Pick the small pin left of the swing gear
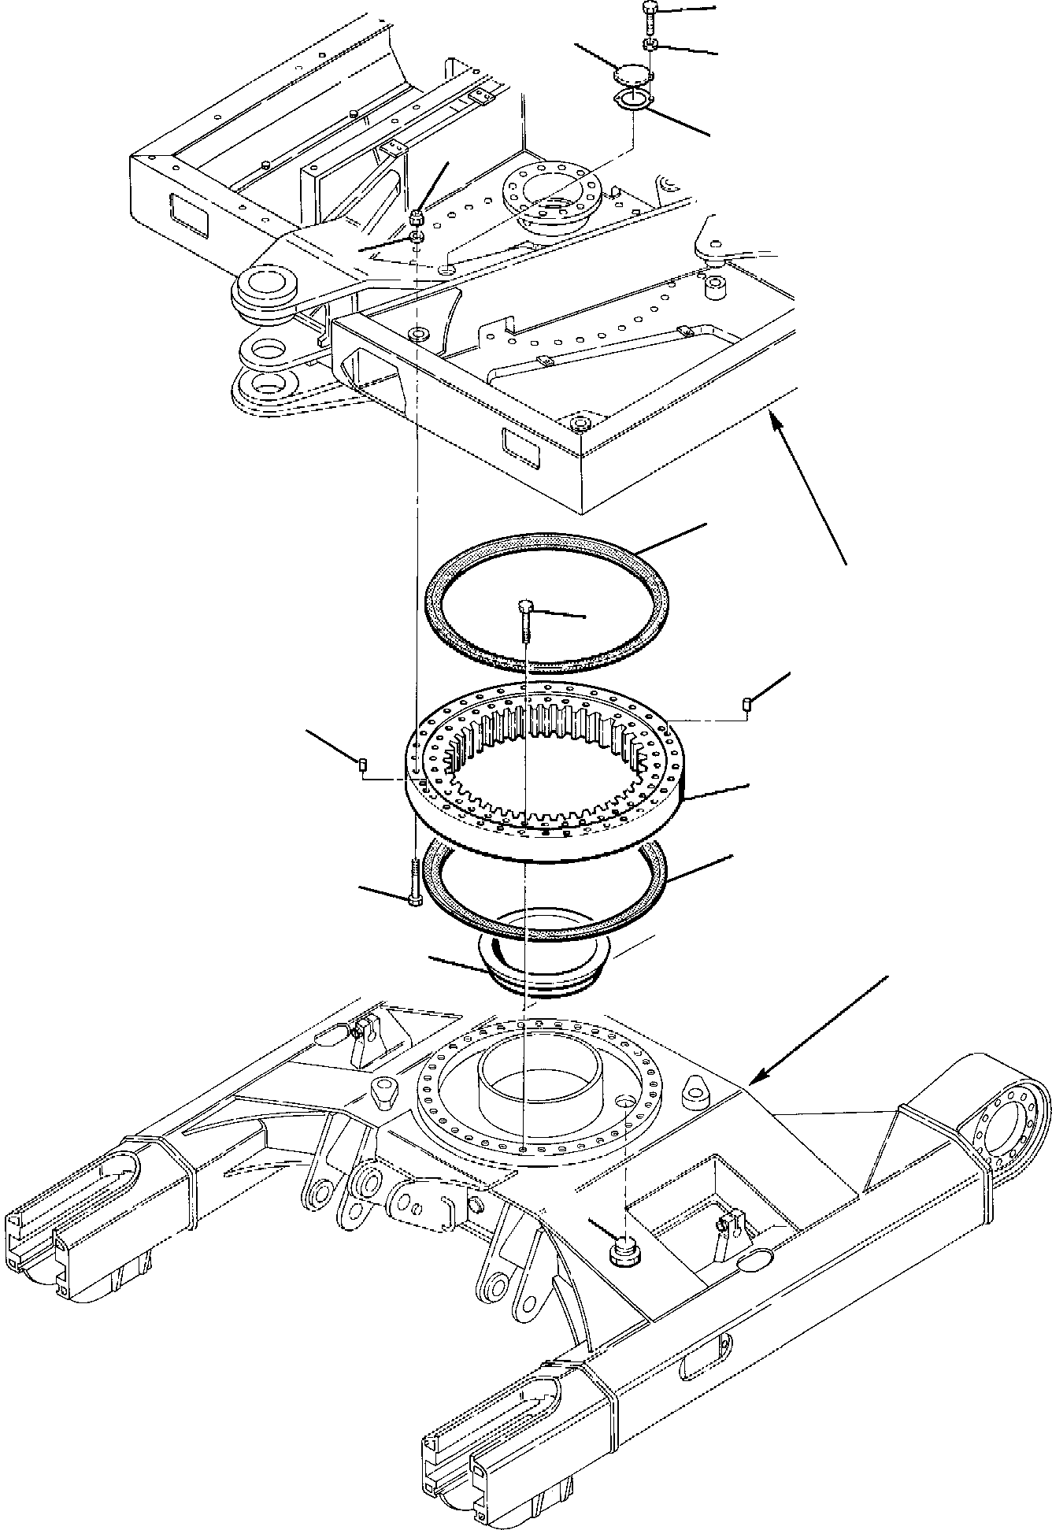[x=363, y=763]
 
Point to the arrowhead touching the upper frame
[x=775, y=421]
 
